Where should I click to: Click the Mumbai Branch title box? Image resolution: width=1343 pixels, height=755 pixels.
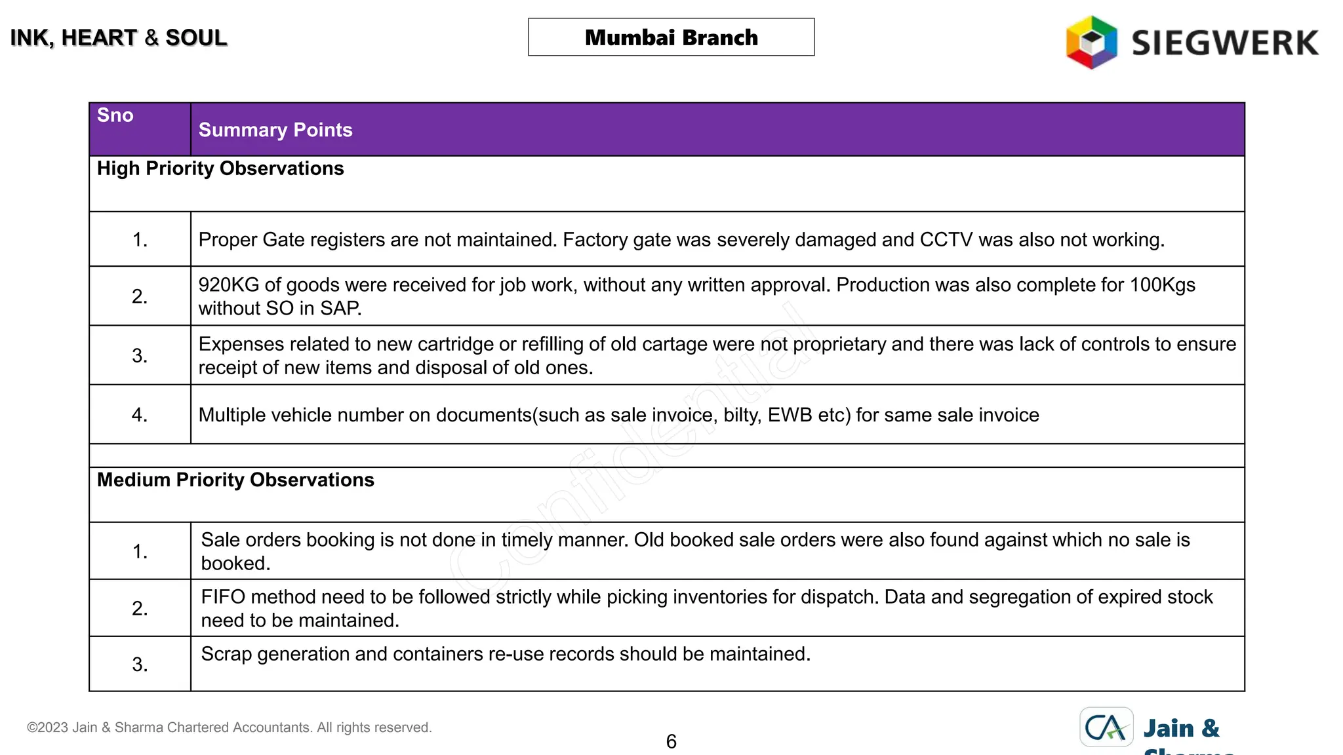(x=671, y=37)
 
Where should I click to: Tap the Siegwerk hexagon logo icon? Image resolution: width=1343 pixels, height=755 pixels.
(x=1091, y=43)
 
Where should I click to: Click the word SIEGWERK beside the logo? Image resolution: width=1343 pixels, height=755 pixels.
(x=1224, y=43)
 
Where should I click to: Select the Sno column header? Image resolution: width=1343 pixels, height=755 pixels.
(x=115, y=115)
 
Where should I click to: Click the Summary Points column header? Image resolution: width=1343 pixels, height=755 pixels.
(x=275, y=130)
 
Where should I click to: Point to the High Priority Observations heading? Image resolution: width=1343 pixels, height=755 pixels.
(x=220, y=168)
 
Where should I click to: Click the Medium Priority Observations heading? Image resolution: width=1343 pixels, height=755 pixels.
(x=235, y=480)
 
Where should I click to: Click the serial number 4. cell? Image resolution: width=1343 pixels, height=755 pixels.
(x=140, y=415)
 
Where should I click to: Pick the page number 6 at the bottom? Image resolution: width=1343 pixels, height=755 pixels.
(x=671, y=741)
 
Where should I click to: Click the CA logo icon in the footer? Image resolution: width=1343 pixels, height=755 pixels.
(x=1106, y=727)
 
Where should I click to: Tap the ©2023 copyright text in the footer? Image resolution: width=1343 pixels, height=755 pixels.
(x=229, y=727)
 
